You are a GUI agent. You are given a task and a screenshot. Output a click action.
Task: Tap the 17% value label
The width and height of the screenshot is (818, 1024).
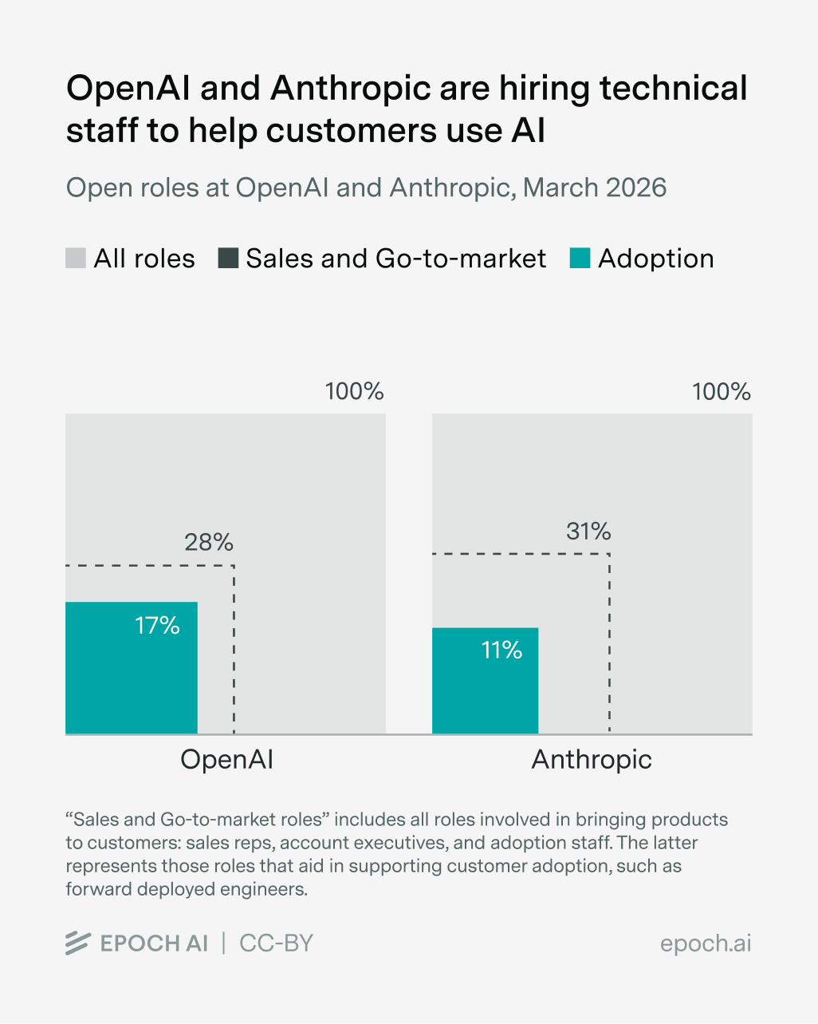click(157, 625)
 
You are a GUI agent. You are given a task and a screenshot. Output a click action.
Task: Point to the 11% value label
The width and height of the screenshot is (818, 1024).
click(501, 650)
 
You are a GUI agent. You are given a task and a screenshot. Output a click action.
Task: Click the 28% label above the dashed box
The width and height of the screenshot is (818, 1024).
click(209, 543)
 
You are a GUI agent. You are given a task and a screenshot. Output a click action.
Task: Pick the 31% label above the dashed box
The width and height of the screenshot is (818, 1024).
click(588, 532)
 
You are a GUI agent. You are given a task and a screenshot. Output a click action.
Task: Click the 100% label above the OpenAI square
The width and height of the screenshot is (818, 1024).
click(354, 392)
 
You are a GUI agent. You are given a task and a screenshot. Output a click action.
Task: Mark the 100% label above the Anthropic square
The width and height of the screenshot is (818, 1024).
click(721, 392)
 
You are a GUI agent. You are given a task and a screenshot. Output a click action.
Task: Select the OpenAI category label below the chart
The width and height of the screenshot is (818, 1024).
click(226, 759)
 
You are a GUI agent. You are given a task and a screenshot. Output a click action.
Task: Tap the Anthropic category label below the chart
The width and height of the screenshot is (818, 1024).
click(592, 759)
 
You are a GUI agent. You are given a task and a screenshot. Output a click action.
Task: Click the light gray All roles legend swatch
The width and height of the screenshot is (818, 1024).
click(76, 259)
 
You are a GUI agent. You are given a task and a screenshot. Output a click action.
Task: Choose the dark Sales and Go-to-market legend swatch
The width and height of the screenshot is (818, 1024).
click(228, 259)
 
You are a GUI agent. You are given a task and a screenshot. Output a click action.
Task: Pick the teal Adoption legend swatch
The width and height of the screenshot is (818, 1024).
click(580, 259)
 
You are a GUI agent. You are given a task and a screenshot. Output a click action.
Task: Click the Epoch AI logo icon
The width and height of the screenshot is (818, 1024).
click(78, 943)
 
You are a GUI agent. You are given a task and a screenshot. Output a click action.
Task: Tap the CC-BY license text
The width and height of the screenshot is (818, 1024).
click(276, 943)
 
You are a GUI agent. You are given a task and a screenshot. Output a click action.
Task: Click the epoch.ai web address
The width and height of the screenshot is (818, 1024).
click(706, 943)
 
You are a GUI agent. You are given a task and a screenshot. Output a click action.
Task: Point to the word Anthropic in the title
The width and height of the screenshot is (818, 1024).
click(351, 89)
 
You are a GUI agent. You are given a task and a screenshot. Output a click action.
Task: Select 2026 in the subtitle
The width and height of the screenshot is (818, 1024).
click(635, 188)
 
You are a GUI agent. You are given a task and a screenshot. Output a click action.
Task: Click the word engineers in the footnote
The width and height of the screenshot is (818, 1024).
click(265, 889)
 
